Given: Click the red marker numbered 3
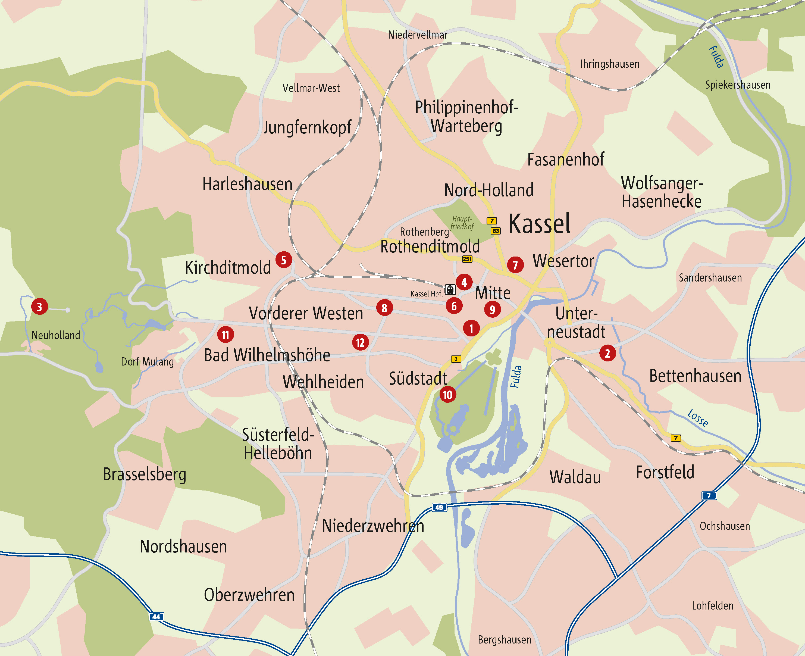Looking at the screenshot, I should click(40, 307).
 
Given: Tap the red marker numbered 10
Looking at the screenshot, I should click(448, 395).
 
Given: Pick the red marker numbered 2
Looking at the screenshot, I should click(607, 353).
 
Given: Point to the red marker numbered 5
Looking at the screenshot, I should click(283, 260).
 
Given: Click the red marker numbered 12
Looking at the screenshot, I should click(360, 342).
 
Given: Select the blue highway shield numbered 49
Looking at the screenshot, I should click(439, 508).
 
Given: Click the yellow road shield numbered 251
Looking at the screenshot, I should click(467, 259).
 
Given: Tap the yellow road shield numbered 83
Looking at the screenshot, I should click(496, 230).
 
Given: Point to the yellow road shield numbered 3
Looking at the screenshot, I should click(456, 359).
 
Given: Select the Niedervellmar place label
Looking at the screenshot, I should click(417, 35).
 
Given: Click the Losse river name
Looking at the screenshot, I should click(697, 418).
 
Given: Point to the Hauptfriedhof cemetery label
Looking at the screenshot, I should click(462, 223).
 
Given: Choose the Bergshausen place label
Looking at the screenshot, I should click(504, 640).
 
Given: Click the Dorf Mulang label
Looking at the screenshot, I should click(147, 362).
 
